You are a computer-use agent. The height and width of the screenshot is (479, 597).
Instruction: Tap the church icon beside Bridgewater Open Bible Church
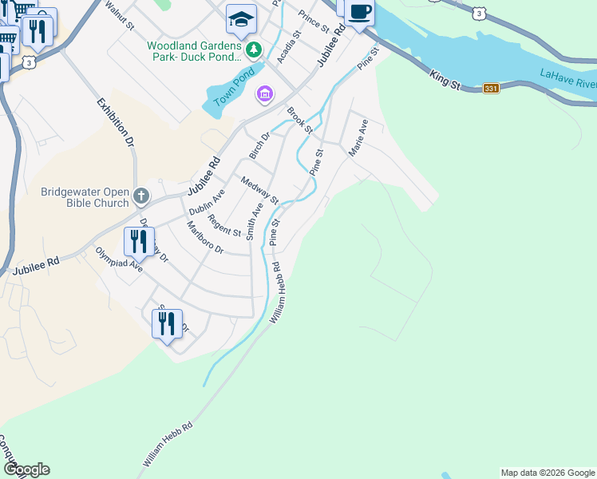(x=140, y=196)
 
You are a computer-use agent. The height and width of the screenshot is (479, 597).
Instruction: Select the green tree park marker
(x=254, y=50)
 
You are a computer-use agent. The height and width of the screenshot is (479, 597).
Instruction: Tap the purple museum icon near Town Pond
(x=264, y=96)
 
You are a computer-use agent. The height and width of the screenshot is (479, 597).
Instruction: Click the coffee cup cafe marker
(x=360, y=12)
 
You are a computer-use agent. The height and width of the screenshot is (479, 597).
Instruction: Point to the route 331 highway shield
(x=491, y=89)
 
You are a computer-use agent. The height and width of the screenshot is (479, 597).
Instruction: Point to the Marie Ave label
(x=358, y=137)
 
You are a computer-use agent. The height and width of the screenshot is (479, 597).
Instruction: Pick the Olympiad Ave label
(x=119, y=260)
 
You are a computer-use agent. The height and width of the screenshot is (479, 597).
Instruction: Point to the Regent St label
(x=224, y=226)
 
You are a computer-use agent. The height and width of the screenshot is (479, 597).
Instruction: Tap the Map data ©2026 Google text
(x=547, y=473)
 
